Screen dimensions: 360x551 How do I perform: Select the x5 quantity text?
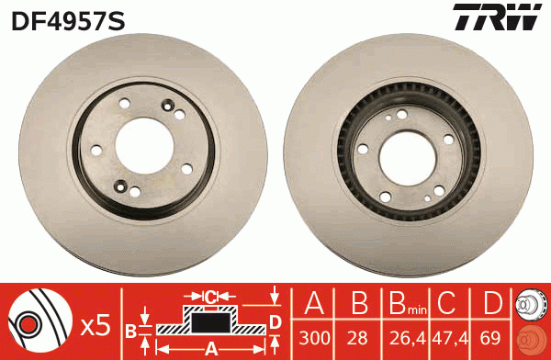coord(95,324)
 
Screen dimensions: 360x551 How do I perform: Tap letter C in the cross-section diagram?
coord(210,296)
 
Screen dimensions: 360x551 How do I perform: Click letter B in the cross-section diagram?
coord(130,329)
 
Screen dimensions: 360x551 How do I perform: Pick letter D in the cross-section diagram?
coord(275,321)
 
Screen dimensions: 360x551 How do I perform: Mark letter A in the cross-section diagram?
coord(209,348)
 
